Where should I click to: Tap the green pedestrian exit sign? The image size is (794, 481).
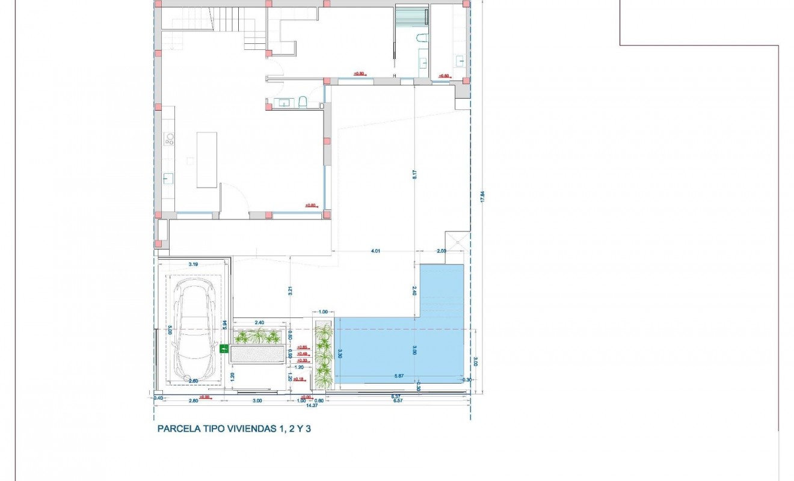[x=224, y=348]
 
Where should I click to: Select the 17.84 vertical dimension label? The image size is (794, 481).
[x=482, y=197]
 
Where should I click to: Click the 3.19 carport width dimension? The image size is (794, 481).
[x=193, y=264]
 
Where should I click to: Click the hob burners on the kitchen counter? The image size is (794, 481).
[x=170, y=139]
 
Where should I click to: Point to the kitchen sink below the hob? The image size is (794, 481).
[x=169, y=178]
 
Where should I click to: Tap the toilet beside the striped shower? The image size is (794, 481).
[x=422, y=39]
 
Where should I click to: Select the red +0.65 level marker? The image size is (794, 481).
[x=303, y=348]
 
